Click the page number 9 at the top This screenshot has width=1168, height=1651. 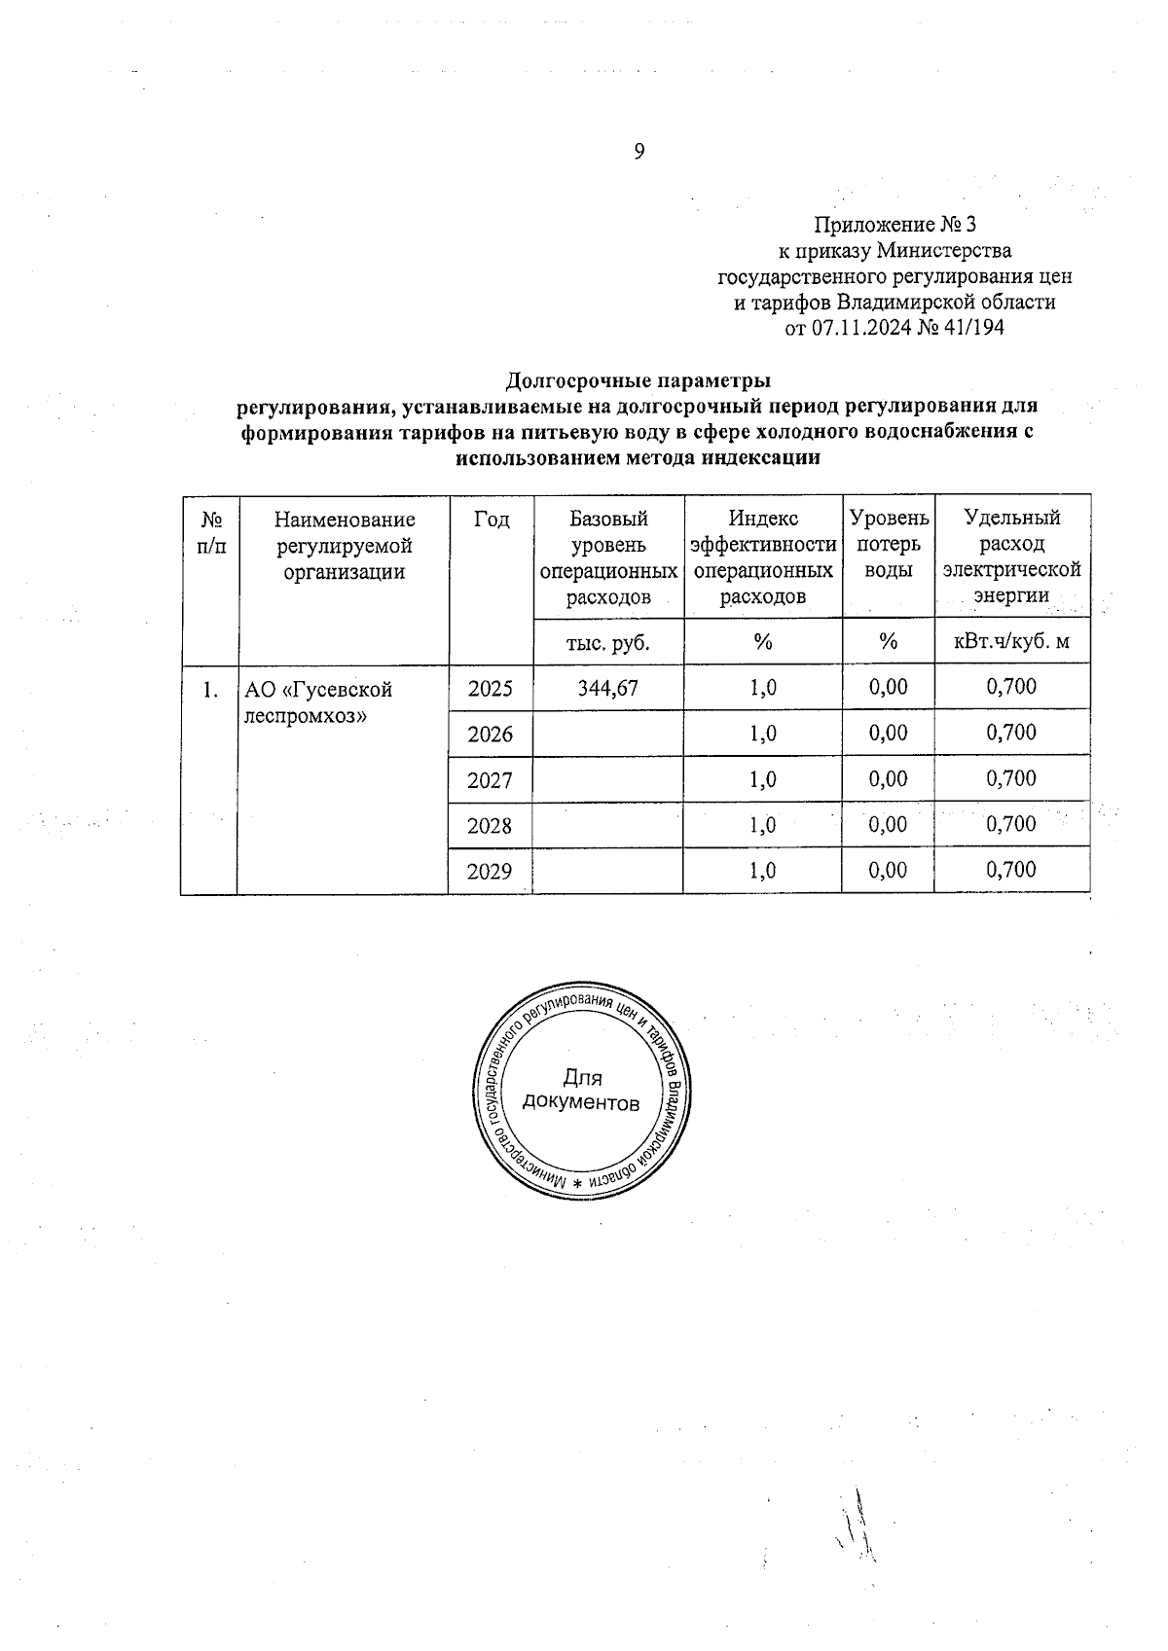click(x=639, y=151)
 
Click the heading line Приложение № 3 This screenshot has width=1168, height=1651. click(x=894, y=226)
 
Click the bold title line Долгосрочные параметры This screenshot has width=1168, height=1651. click(x=639, y=379)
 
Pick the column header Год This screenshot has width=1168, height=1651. click(x=492, y=520)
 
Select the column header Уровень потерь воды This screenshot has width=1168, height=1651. click(x=888, y=545)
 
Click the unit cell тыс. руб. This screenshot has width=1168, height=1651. click(x=607, y=642)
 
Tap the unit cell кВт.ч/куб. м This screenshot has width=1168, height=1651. click(x=1011, y=642)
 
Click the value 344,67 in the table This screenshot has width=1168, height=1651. click(x=607, y=688)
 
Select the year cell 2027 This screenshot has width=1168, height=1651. click(x=490, y=780)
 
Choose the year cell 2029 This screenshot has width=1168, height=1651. click(x=490, y=872)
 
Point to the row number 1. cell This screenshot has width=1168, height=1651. click(x=208, y=690)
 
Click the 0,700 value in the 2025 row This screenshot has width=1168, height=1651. click(x=1011, y=687)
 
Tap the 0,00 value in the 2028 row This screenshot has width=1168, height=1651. click(x=887, y=825)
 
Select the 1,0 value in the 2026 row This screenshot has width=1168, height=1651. click(x=762, y=734)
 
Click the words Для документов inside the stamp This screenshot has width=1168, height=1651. click(x=582, y=1091)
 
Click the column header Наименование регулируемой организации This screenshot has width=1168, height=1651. click(x=344, y=546)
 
